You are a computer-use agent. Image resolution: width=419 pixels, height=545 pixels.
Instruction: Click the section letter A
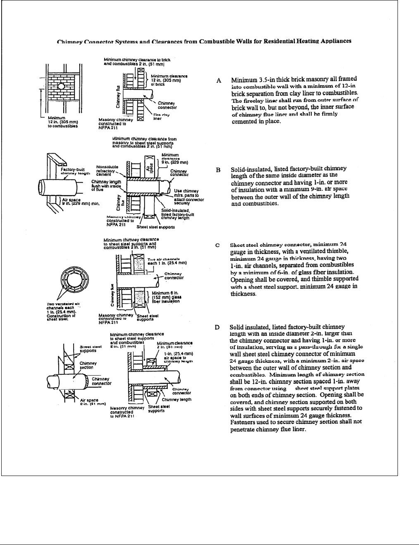point(219,81)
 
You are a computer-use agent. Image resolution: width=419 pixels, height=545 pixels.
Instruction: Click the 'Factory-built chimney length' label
point(70,171)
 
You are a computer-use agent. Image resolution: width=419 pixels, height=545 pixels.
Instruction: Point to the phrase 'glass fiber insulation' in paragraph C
point(326,272)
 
